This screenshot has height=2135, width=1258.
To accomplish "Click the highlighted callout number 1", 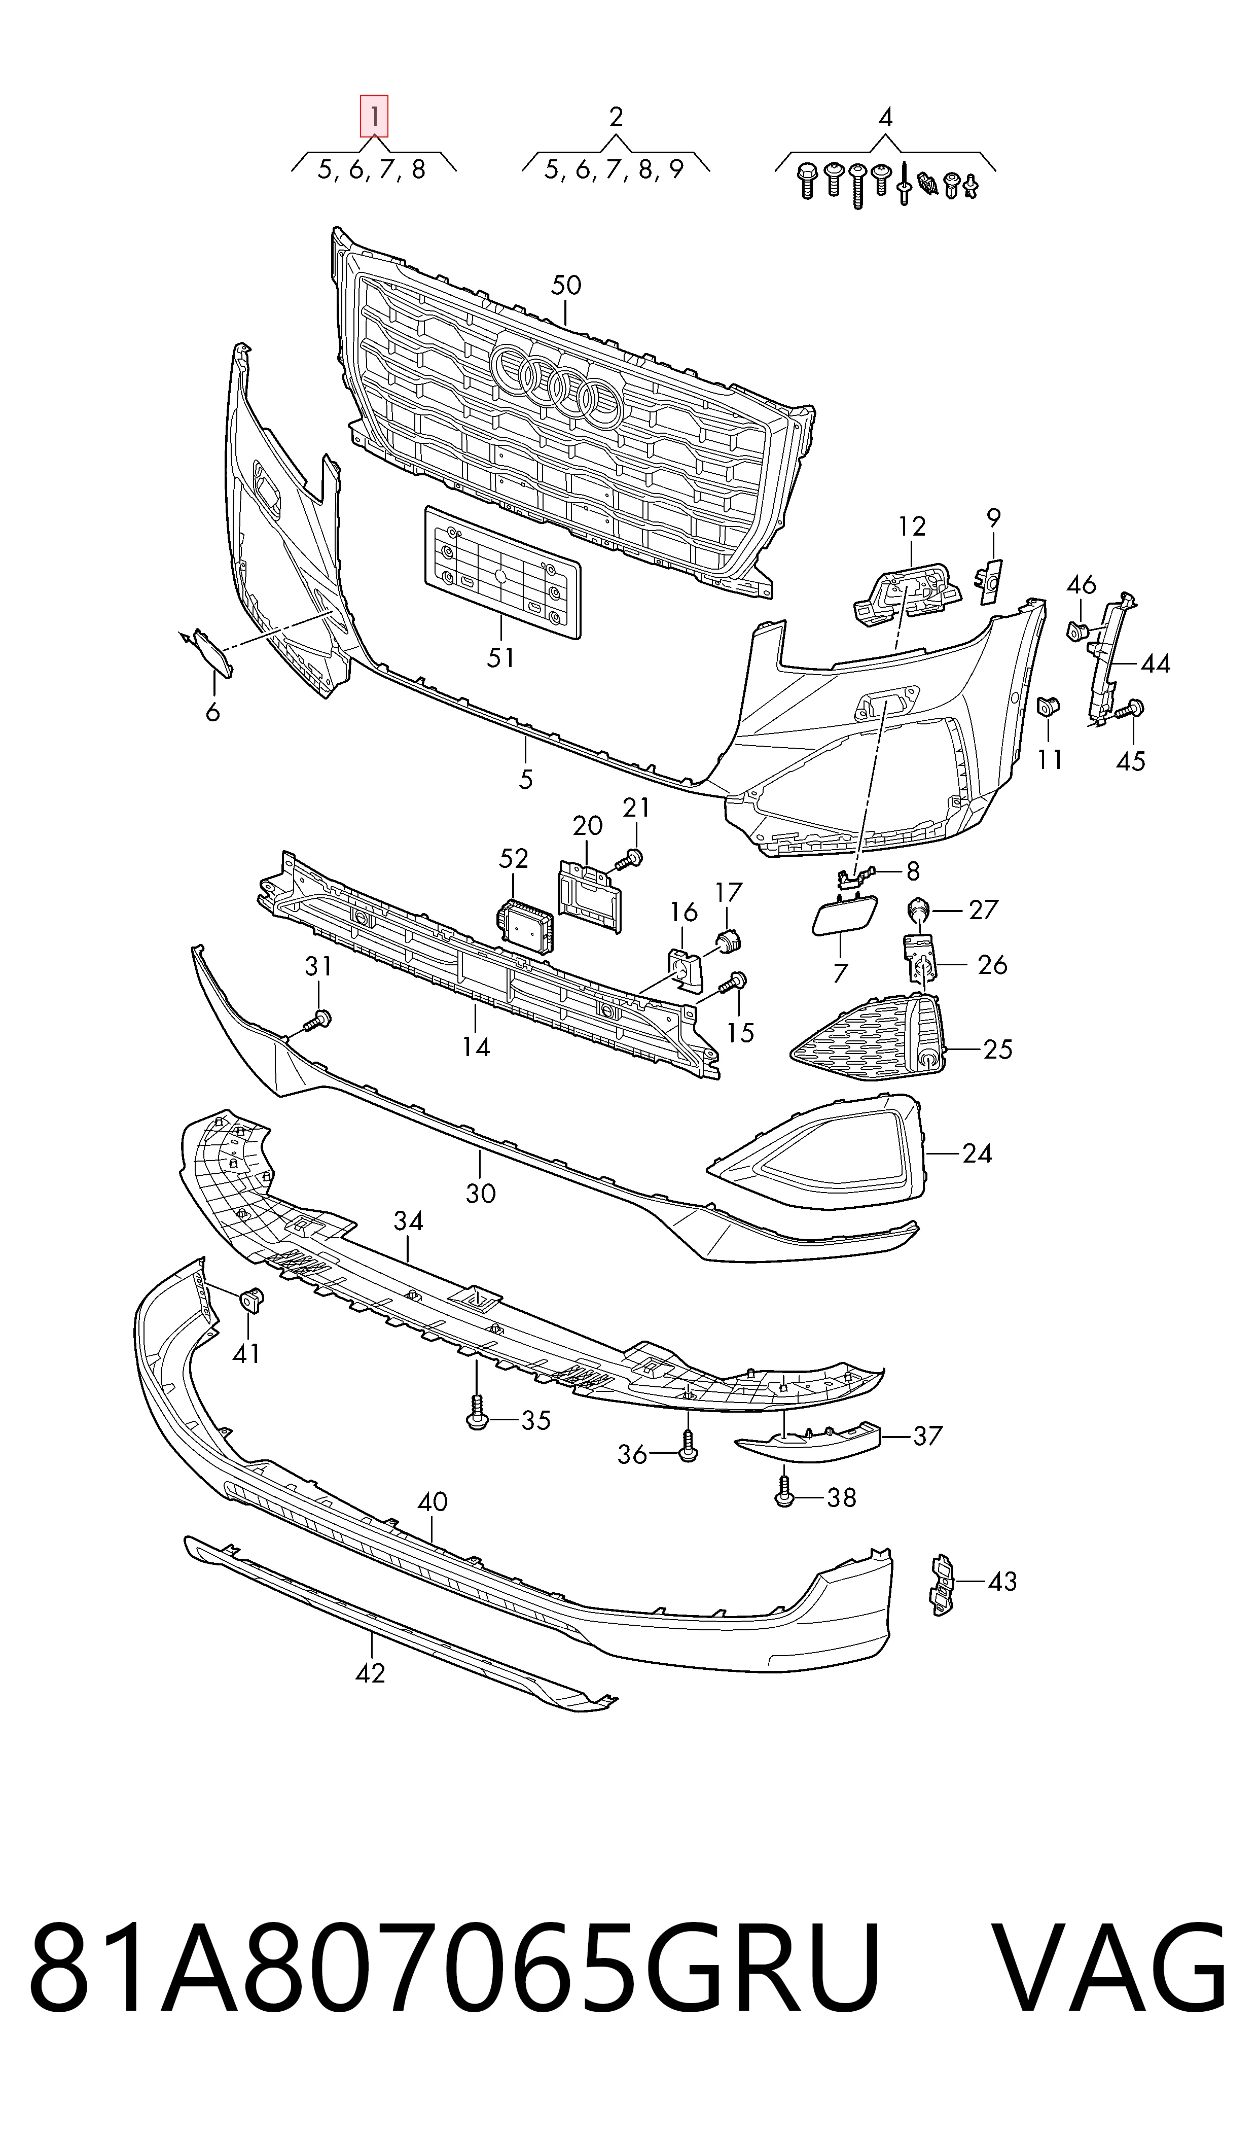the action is coord(374,115).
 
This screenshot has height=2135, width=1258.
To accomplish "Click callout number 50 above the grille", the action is coord(566,285).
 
